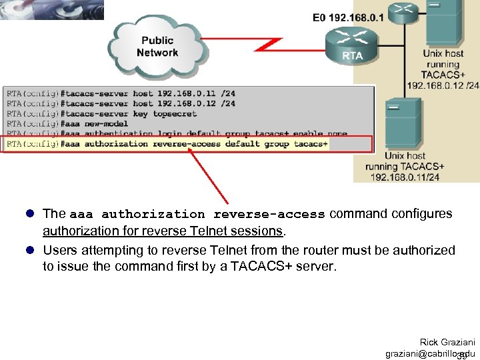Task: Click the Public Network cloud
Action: click(x=157, y=45)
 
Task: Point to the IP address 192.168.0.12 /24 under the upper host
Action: click(x=443, y=85)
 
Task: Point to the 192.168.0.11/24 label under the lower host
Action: click(x=405, y=177)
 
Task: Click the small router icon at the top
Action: click(x=403, y=9)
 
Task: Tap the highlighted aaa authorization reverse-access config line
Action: click(x=167, y=144)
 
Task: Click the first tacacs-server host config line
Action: click(x=121, y=94)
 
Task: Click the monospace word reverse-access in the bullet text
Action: click(x=269, y=215)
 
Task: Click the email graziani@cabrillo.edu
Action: click(x=430, y=353)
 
